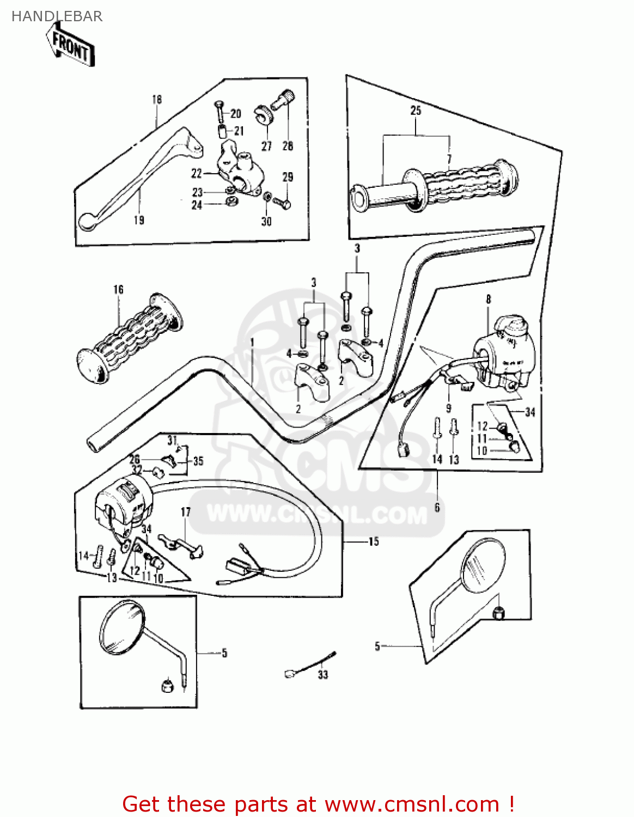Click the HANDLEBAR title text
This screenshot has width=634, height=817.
click(x=57, y=16)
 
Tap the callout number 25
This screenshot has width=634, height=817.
click(x=416, y=111)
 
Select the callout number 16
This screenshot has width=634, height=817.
click(x=118, y=290)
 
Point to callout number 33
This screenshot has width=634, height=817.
click(x=323, y=675)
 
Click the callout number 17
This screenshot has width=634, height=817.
click(x=186, y=512)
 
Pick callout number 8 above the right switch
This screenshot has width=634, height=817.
click(x=488, y=299)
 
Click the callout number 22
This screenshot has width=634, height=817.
click(x=197, y=173)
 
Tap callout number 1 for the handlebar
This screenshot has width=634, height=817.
click(x=252, y=342)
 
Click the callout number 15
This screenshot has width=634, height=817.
click(x=374, y=541)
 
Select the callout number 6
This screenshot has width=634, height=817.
click(x=437, y=507)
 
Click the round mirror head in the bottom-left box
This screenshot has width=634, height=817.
click(x=123, y=627)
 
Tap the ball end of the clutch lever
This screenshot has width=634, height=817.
click(x=87, y=221)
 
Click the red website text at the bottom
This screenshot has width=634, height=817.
click(x=318, y=804)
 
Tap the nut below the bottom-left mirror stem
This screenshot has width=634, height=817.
click(x=167, y=684)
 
